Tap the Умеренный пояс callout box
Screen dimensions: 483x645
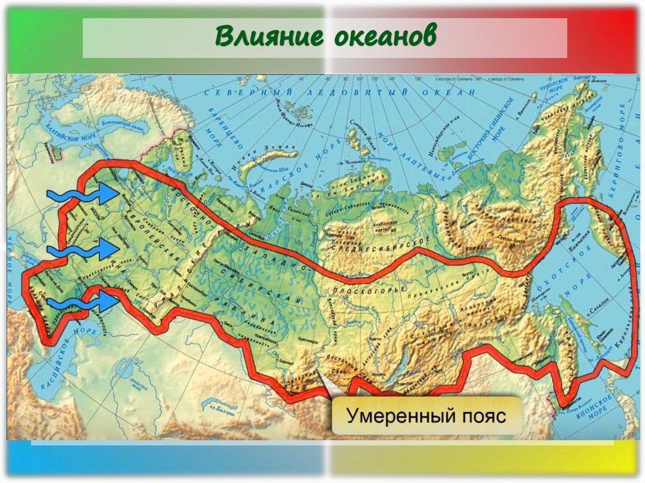tap(428, 416)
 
